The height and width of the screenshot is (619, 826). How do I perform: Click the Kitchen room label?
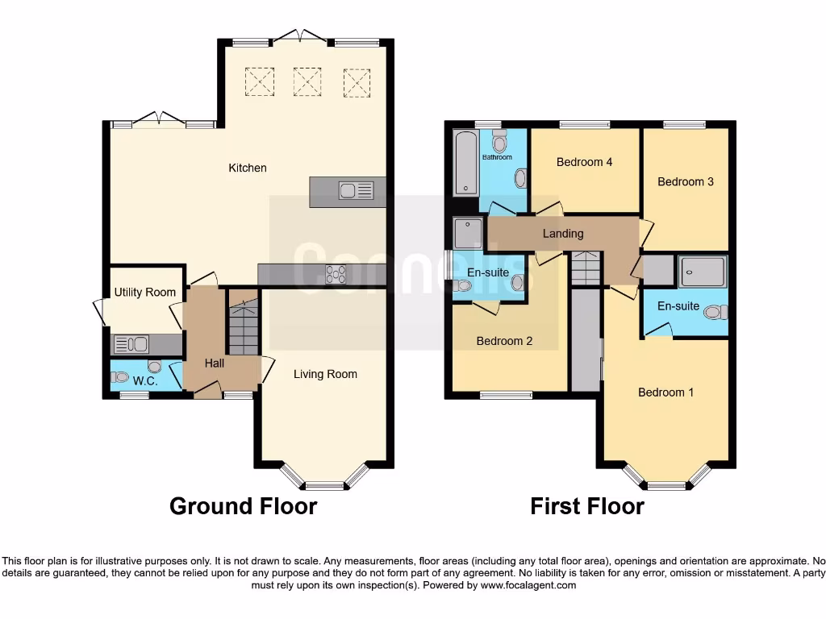click(x=248, y=168)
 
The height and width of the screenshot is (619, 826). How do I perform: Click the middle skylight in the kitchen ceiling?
click(x=307, y=81)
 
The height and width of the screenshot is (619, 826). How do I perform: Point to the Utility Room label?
click(x=144, y=292)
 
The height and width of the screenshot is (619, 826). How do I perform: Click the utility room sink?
click(x=130, y=345)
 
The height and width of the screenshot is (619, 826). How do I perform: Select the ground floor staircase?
click(x=243, y=326)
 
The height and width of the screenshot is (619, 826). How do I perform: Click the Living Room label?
click(x=325, y=374)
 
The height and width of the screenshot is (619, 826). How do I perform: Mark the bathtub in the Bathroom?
click(x=466, y=164)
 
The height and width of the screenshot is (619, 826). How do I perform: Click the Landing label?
click(x=563, y=234)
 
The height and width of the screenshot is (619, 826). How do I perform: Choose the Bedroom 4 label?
click(x=585, y=162)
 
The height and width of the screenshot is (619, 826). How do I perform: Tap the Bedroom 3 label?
click(x=686, y=181)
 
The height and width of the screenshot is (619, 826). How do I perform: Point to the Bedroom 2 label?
click(x=504, y=341)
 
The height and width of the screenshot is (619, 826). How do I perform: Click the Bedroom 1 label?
click(x=665, y=393)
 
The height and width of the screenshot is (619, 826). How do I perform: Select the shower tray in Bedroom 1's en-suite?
click(x=703, y=272)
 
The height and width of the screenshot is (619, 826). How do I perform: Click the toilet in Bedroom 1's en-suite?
click(x=715, y=312)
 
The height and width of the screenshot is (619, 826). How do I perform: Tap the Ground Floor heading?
click(x=243, y=506)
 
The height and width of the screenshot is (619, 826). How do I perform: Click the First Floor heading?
click(x=586, y=506)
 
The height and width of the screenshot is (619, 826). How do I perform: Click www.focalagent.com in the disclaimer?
click(x=528, y=585)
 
